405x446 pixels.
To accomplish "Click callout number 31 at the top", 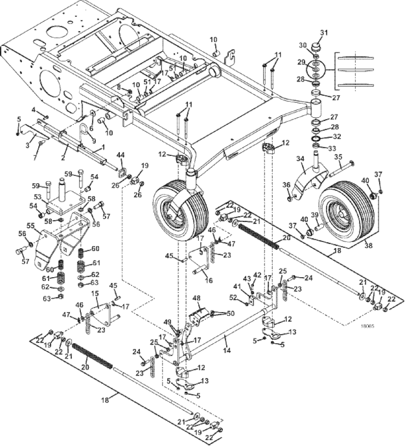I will (x=324, y=32).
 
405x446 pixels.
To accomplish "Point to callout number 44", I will (x=121, y=155).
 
